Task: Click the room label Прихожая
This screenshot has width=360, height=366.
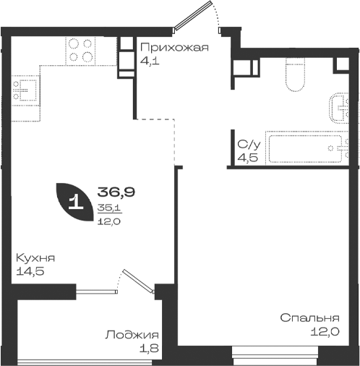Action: point(174,48)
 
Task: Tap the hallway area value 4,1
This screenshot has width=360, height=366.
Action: point(150,61)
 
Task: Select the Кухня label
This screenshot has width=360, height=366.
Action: point(35,258)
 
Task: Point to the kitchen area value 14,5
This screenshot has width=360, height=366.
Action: point(30,271)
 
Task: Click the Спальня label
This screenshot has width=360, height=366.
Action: point(310,318)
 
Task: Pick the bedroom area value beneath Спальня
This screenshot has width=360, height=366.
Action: point(325,332)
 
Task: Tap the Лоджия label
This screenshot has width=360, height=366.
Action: point(132,335)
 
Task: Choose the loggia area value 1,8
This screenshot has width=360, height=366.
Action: point(149,348)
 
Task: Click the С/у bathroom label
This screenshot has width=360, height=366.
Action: point(249,145)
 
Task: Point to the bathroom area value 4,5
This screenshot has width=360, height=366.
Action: point(248,158)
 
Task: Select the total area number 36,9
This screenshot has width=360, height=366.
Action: point(116,192)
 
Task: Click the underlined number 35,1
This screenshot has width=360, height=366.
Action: point(110,208)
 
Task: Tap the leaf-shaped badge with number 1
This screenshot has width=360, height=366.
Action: point(74,202)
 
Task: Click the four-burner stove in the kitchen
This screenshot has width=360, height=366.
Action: point(80,51)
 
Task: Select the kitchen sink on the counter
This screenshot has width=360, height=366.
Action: point(25,91)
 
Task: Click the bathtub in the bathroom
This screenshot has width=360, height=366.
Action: point(305,148)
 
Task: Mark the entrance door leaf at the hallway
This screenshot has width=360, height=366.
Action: point(193,15)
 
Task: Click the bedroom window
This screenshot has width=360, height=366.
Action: point(275,356)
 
